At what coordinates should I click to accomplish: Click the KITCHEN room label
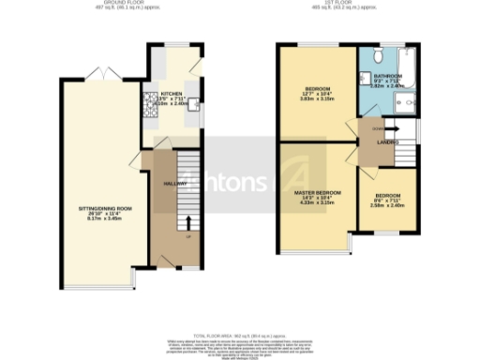point(171,95)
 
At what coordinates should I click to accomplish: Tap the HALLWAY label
point(175,184)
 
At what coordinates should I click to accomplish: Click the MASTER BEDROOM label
point(314,192)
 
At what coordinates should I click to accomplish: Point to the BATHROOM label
point(387,75)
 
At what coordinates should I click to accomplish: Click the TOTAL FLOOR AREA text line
point(240,333)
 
